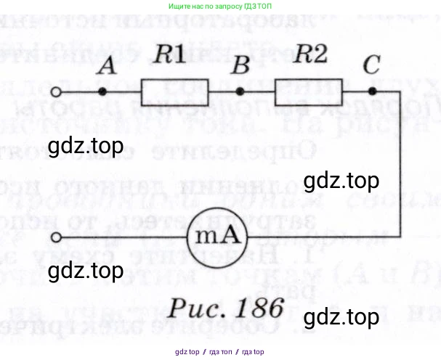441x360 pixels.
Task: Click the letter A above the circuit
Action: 107,67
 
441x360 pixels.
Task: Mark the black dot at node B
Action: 240,91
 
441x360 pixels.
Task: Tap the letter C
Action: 371,65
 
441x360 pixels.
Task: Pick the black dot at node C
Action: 372,91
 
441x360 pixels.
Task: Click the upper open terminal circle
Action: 57,92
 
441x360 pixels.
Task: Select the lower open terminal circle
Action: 57,237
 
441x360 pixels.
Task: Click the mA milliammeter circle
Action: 216,237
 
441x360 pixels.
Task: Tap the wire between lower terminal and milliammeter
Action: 124,237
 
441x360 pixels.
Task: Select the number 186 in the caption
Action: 254,307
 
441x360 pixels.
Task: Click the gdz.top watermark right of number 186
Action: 341,317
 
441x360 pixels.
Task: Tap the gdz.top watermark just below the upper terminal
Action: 85,148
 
